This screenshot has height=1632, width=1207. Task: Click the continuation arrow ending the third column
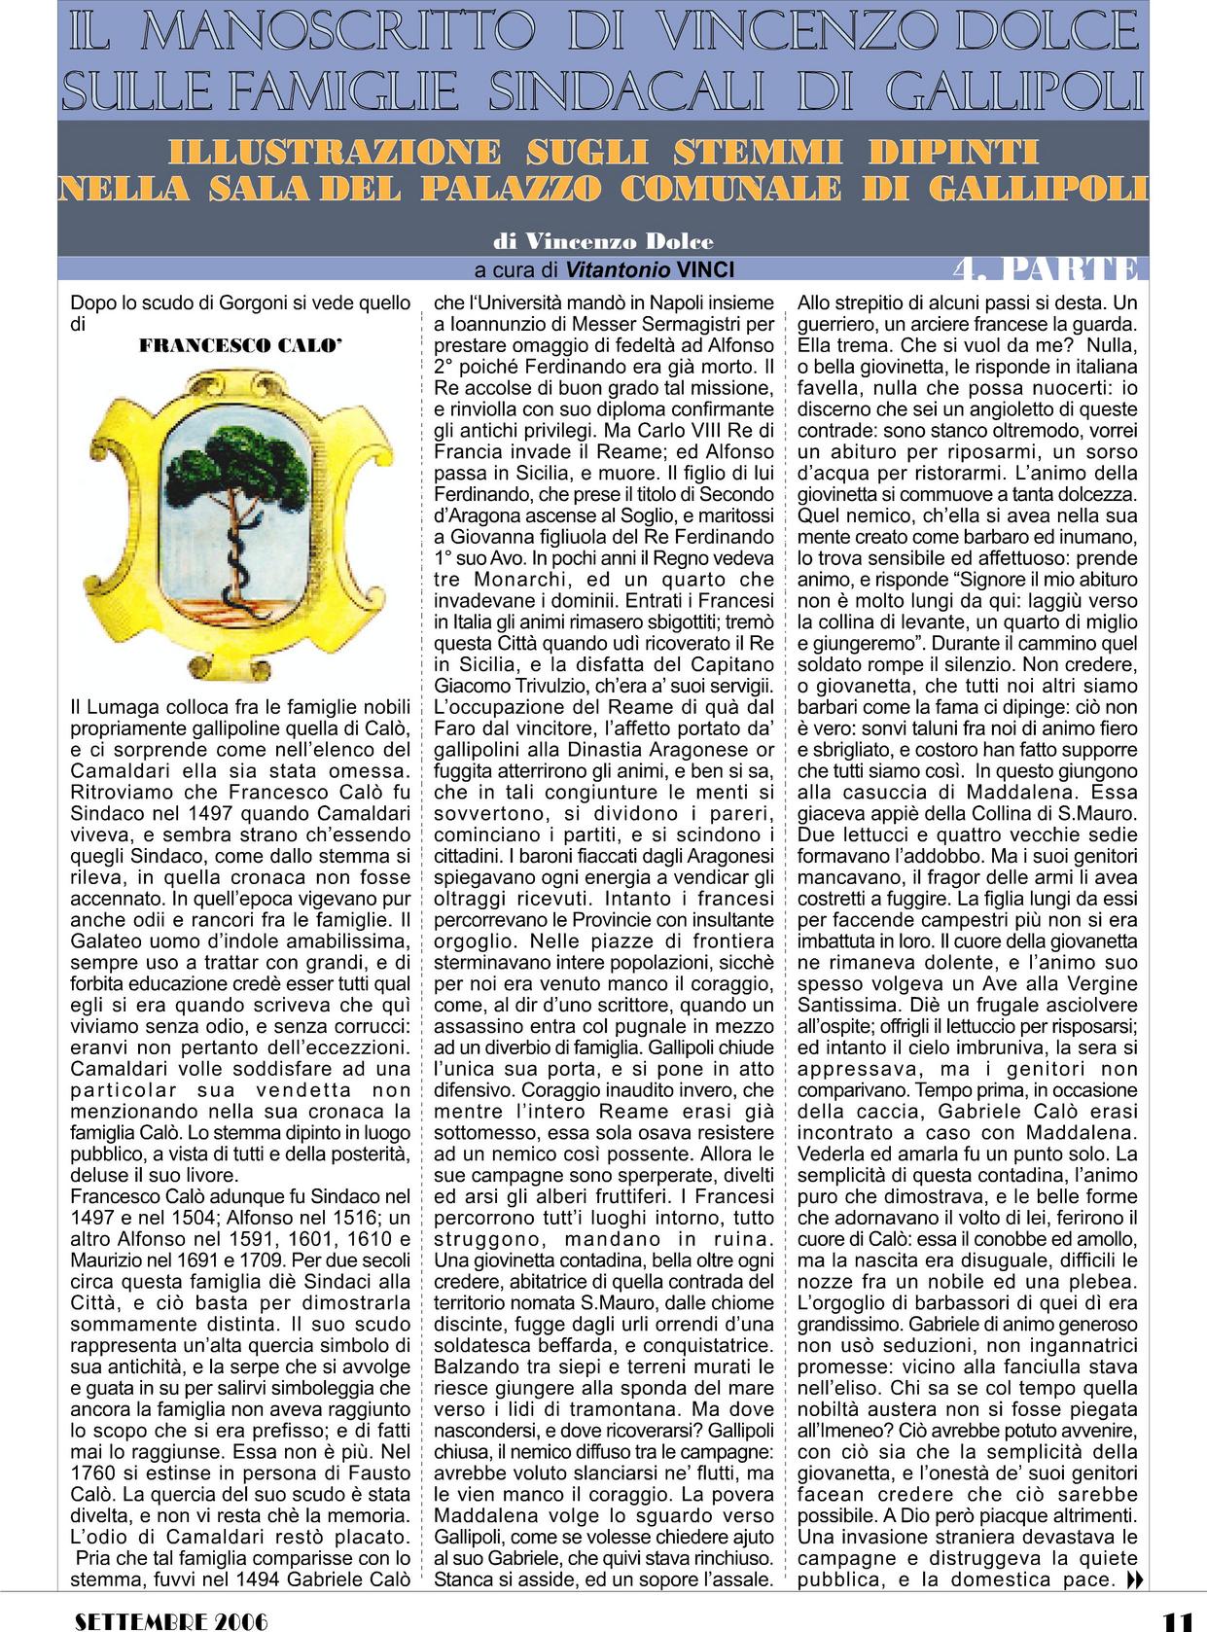(x=1133, y=1580)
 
